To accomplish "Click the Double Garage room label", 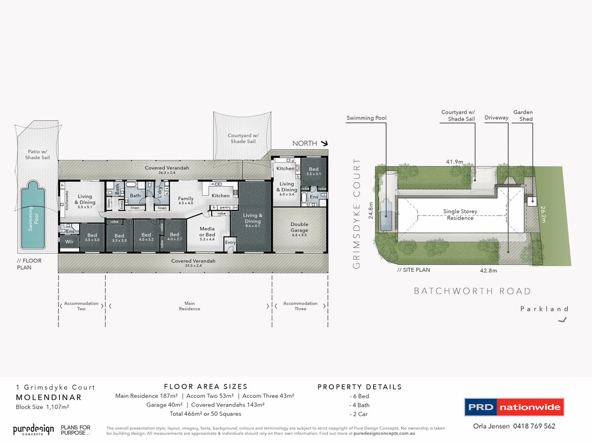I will coord(299,227).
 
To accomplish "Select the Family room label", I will coord(186,201).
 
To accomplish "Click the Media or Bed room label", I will coord(207,232).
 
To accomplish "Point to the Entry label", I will coord(230,242).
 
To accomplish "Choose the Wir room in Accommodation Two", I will coord(69,242).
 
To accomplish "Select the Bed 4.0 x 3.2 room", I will coord(146,237).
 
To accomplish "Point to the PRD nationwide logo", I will coord(514,407).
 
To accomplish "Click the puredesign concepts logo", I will coord(34,430).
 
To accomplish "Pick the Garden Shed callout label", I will coord(523,116).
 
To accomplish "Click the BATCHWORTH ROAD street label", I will coord(472,291).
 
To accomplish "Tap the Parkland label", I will coord(544,309).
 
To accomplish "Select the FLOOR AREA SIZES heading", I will coord(205,387).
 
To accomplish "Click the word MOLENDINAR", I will coord(49,397).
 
